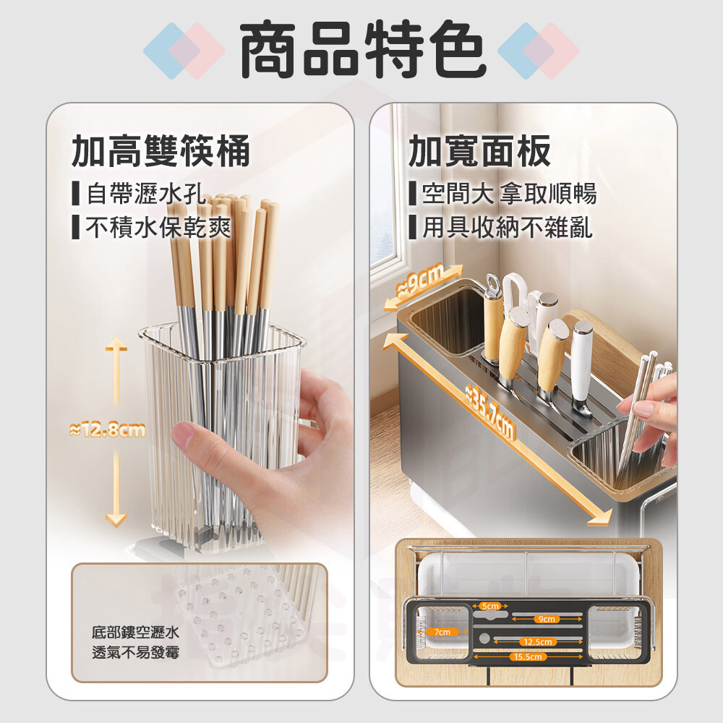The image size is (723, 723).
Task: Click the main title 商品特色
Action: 363,49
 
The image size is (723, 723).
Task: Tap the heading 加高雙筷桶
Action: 161,151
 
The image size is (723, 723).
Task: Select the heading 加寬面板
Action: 479,151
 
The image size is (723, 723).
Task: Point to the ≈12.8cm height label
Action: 107,429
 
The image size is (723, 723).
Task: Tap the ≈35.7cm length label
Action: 489,413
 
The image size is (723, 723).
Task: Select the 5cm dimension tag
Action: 489,606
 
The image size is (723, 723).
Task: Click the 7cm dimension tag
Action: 442,632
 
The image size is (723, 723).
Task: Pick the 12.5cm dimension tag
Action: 538,642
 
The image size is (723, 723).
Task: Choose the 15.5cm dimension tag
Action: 528,656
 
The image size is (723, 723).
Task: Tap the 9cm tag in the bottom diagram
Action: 547,620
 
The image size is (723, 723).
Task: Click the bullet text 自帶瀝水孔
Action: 146,193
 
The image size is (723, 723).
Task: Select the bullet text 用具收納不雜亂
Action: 508,227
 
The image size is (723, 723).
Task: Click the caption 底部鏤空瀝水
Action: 135,632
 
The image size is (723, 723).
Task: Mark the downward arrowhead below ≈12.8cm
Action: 116,520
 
